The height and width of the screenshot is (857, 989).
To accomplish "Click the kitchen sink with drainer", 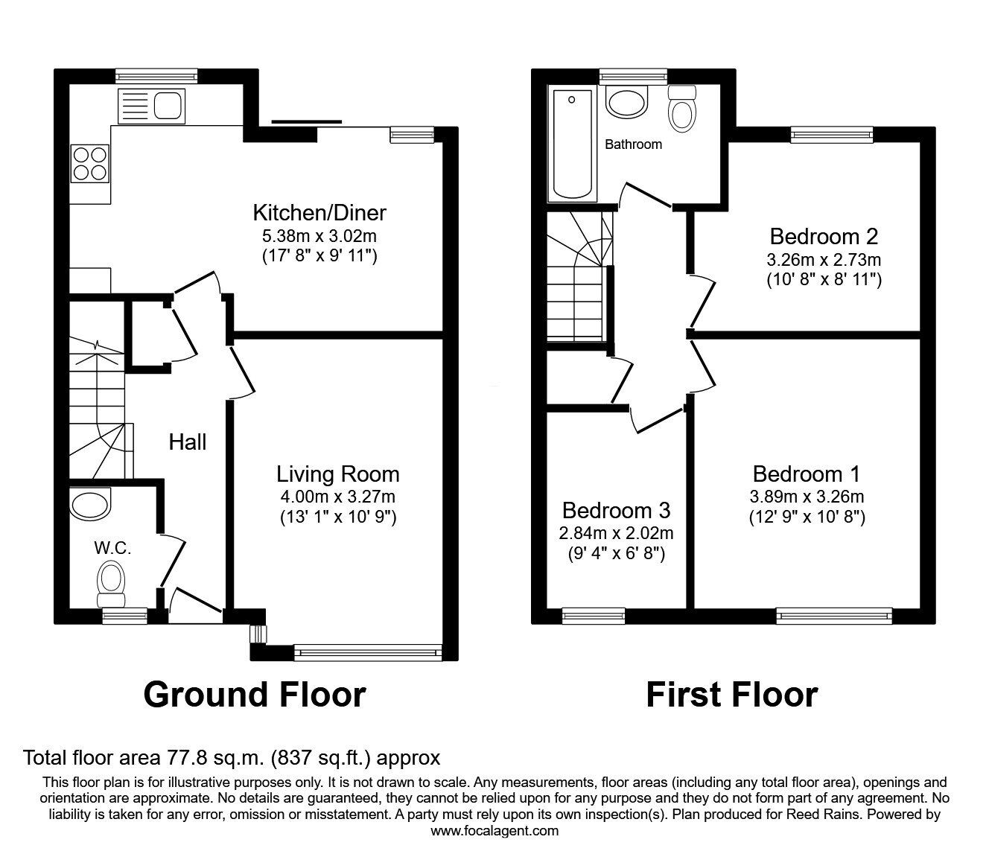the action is [150, 106].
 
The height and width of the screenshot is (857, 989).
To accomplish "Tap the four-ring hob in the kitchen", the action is [90, 163].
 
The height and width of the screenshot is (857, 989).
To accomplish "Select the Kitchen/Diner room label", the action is [319, 213].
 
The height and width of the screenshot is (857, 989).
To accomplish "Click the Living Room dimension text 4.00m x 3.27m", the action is [338, 497].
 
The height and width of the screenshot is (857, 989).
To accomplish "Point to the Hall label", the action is [188, 442].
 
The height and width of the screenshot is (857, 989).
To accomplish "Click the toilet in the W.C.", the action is [111, 585].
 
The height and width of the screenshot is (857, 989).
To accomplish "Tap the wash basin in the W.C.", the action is [90, 504].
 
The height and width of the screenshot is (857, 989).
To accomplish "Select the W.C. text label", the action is [112, 548].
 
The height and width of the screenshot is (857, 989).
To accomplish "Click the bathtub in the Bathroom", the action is [572, 144].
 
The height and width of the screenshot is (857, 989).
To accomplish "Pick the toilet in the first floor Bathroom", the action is [682, 109].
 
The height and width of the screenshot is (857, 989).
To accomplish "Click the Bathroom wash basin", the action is [627, 101].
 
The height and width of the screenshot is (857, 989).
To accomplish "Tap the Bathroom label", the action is [634, 144].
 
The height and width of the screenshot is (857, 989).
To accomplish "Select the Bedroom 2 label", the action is [824, 236].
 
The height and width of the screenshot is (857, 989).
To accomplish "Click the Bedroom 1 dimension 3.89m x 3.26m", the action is [807, 497].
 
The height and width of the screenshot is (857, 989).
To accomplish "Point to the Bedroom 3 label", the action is [617, 511].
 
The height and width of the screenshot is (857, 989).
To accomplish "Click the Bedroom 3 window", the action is [594, 617].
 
